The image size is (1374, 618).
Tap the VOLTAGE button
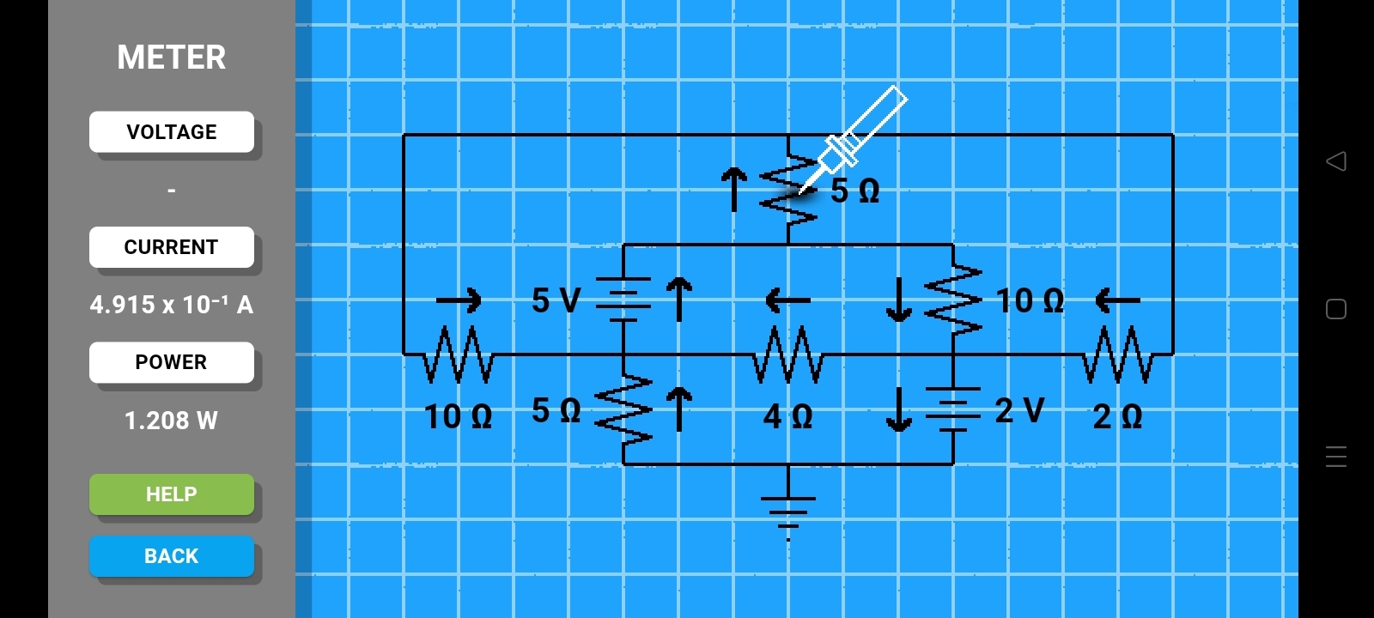[172, 132]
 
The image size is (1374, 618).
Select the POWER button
[172, 362]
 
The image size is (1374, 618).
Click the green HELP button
[172, 494]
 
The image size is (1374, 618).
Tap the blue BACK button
[172, 556]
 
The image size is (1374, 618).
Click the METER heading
[172, 58]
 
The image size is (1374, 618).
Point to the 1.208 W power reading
[172, 421]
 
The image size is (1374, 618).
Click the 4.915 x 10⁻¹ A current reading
[172, 305]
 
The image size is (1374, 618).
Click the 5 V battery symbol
[623, 300]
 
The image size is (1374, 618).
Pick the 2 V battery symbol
[953, 409]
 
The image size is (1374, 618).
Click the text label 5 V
[556, 300]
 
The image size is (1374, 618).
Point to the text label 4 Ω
[787, 417]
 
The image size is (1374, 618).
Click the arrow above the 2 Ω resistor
[1118, 300]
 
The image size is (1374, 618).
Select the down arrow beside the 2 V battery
[898, 409]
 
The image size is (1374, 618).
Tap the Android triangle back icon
[1336, 161]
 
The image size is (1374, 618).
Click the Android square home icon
[1336, 309]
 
